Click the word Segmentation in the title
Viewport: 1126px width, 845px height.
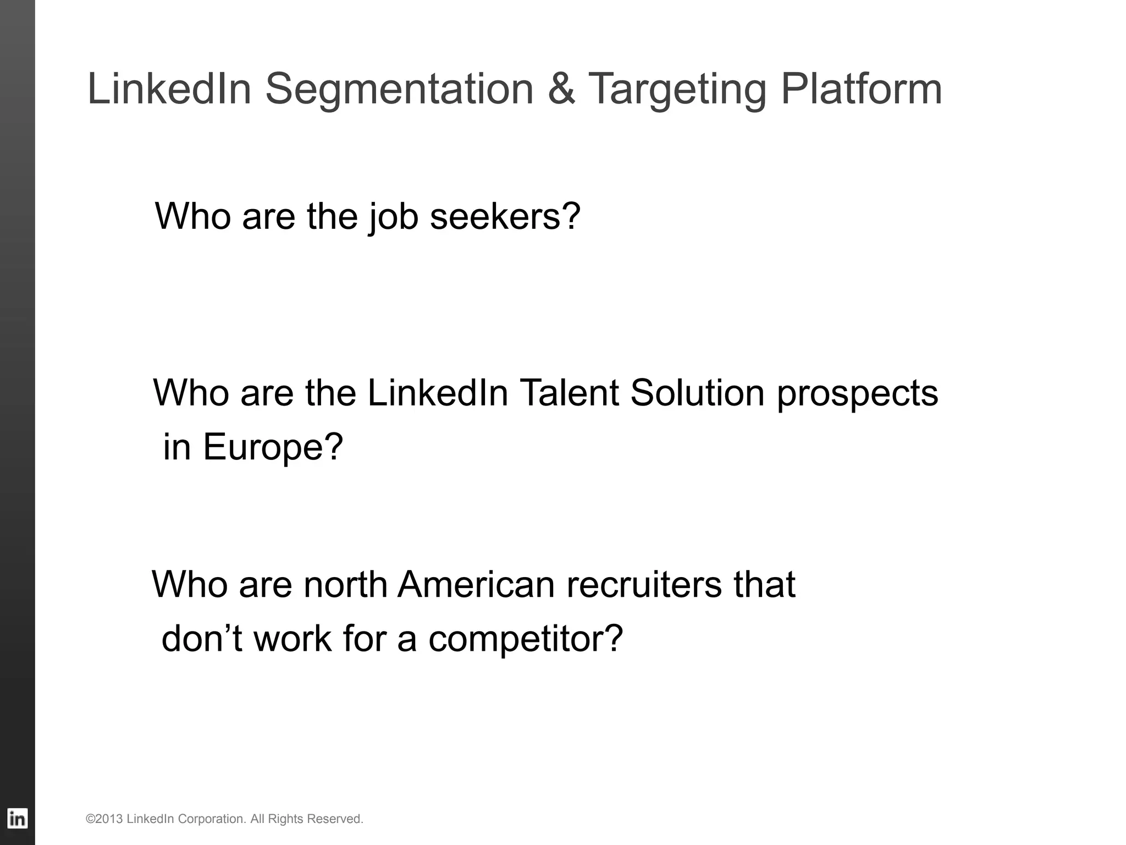coord(400,89)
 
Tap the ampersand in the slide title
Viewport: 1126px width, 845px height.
coord(561,89)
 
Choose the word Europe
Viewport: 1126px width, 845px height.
coord(273,447)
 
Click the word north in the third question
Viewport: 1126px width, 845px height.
coord(345,584)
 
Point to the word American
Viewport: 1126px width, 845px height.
coord(476,584)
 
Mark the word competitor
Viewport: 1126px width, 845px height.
coord(526,640)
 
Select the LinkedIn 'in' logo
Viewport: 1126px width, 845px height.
coord(18,819)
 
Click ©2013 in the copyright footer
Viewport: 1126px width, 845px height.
coord(104,819)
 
